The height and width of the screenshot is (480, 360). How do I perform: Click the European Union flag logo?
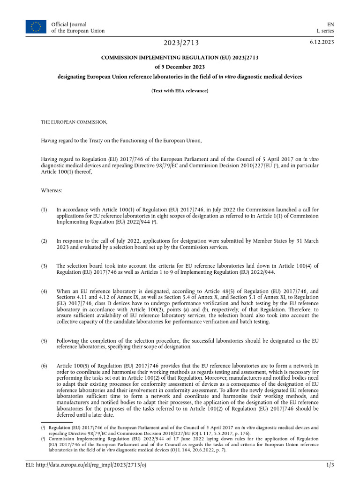coord(36,27)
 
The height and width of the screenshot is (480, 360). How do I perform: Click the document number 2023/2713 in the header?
coord(181,43)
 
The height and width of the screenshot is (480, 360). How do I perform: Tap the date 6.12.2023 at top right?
coord(322,42)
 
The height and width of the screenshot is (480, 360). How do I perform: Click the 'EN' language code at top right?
coord(330,24)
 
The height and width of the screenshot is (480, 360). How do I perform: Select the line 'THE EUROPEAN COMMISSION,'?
coord(74,122)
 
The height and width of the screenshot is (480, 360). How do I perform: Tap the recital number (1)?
coord(44,210)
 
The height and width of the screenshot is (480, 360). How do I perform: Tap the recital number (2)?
coord(44,241)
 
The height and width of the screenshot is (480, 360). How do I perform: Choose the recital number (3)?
coord(44,266)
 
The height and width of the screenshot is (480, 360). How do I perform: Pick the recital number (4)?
coord(44,291)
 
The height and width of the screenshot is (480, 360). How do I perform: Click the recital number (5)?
coord(44,341)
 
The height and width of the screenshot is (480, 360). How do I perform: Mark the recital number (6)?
coord(44,366)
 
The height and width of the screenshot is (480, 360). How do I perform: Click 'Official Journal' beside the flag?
coord(69,24)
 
